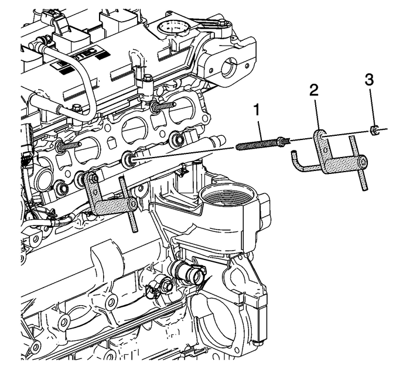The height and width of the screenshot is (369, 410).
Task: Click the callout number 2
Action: (x=315, y=89)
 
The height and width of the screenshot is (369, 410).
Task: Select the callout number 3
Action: (x=369, y=79)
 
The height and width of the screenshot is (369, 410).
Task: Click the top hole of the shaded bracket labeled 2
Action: (x=322, y=137)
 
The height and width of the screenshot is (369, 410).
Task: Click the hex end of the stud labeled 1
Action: (x=283, y=139)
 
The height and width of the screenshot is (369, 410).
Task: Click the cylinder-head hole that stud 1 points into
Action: (x=128, y=159)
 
